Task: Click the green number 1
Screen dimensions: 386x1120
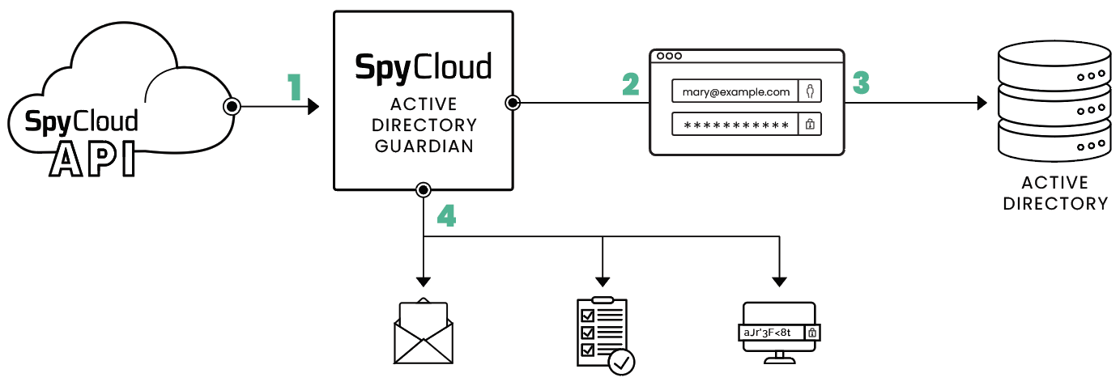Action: tap(294, 87)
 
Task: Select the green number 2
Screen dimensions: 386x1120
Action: tap(630, 84)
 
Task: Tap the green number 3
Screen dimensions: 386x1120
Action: tap(860, 83)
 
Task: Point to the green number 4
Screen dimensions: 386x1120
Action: tap(446, 214)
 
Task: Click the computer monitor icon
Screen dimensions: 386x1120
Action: tap(778, 333)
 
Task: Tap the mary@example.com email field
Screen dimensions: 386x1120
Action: tap(735, 91)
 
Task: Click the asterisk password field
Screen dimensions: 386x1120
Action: tap(735, 125)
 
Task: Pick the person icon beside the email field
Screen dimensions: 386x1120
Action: tap(810, 91)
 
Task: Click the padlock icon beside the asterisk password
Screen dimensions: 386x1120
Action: tap(810, 125)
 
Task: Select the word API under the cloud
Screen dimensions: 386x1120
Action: tap(92, 159)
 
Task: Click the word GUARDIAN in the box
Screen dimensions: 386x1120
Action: tap(424, 146)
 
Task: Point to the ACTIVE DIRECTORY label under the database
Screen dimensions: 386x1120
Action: tap(1054, 193)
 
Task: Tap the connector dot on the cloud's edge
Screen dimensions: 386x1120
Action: tap(231, 106)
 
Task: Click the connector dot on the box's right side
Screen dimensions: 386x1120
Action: tap(513, 103)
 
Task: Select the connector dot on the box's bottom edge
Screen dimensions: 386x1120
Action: tap(423, 190)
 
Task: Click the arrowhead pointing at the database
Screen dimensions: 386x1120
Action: tap(982, 103)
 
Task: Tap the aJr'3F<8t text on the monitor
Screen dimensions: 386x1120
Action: tap(768, 333)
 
